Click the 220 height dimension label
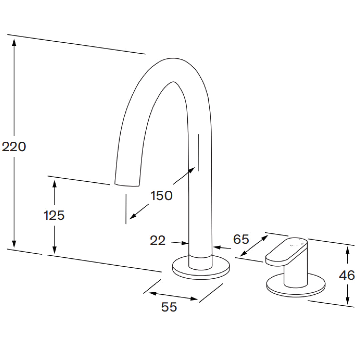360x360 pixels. click(x=14, y=147)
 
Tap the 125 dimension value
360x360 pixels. click(x=54, y=216)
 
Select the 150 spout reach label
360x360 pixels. click(x=161, y=196)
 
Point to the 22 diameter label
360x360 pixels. click(x=158, y=240)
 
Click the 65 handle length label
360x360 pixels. click(x=241, y=239)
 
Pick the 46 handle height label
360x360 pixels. click(x=347, y=275)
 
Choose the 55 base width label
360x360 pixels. click(x=169, y=307)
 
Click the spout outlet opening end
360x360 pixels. click(x=127, y=184)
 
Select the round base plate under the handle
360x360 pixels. click(x=296, y=289)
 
